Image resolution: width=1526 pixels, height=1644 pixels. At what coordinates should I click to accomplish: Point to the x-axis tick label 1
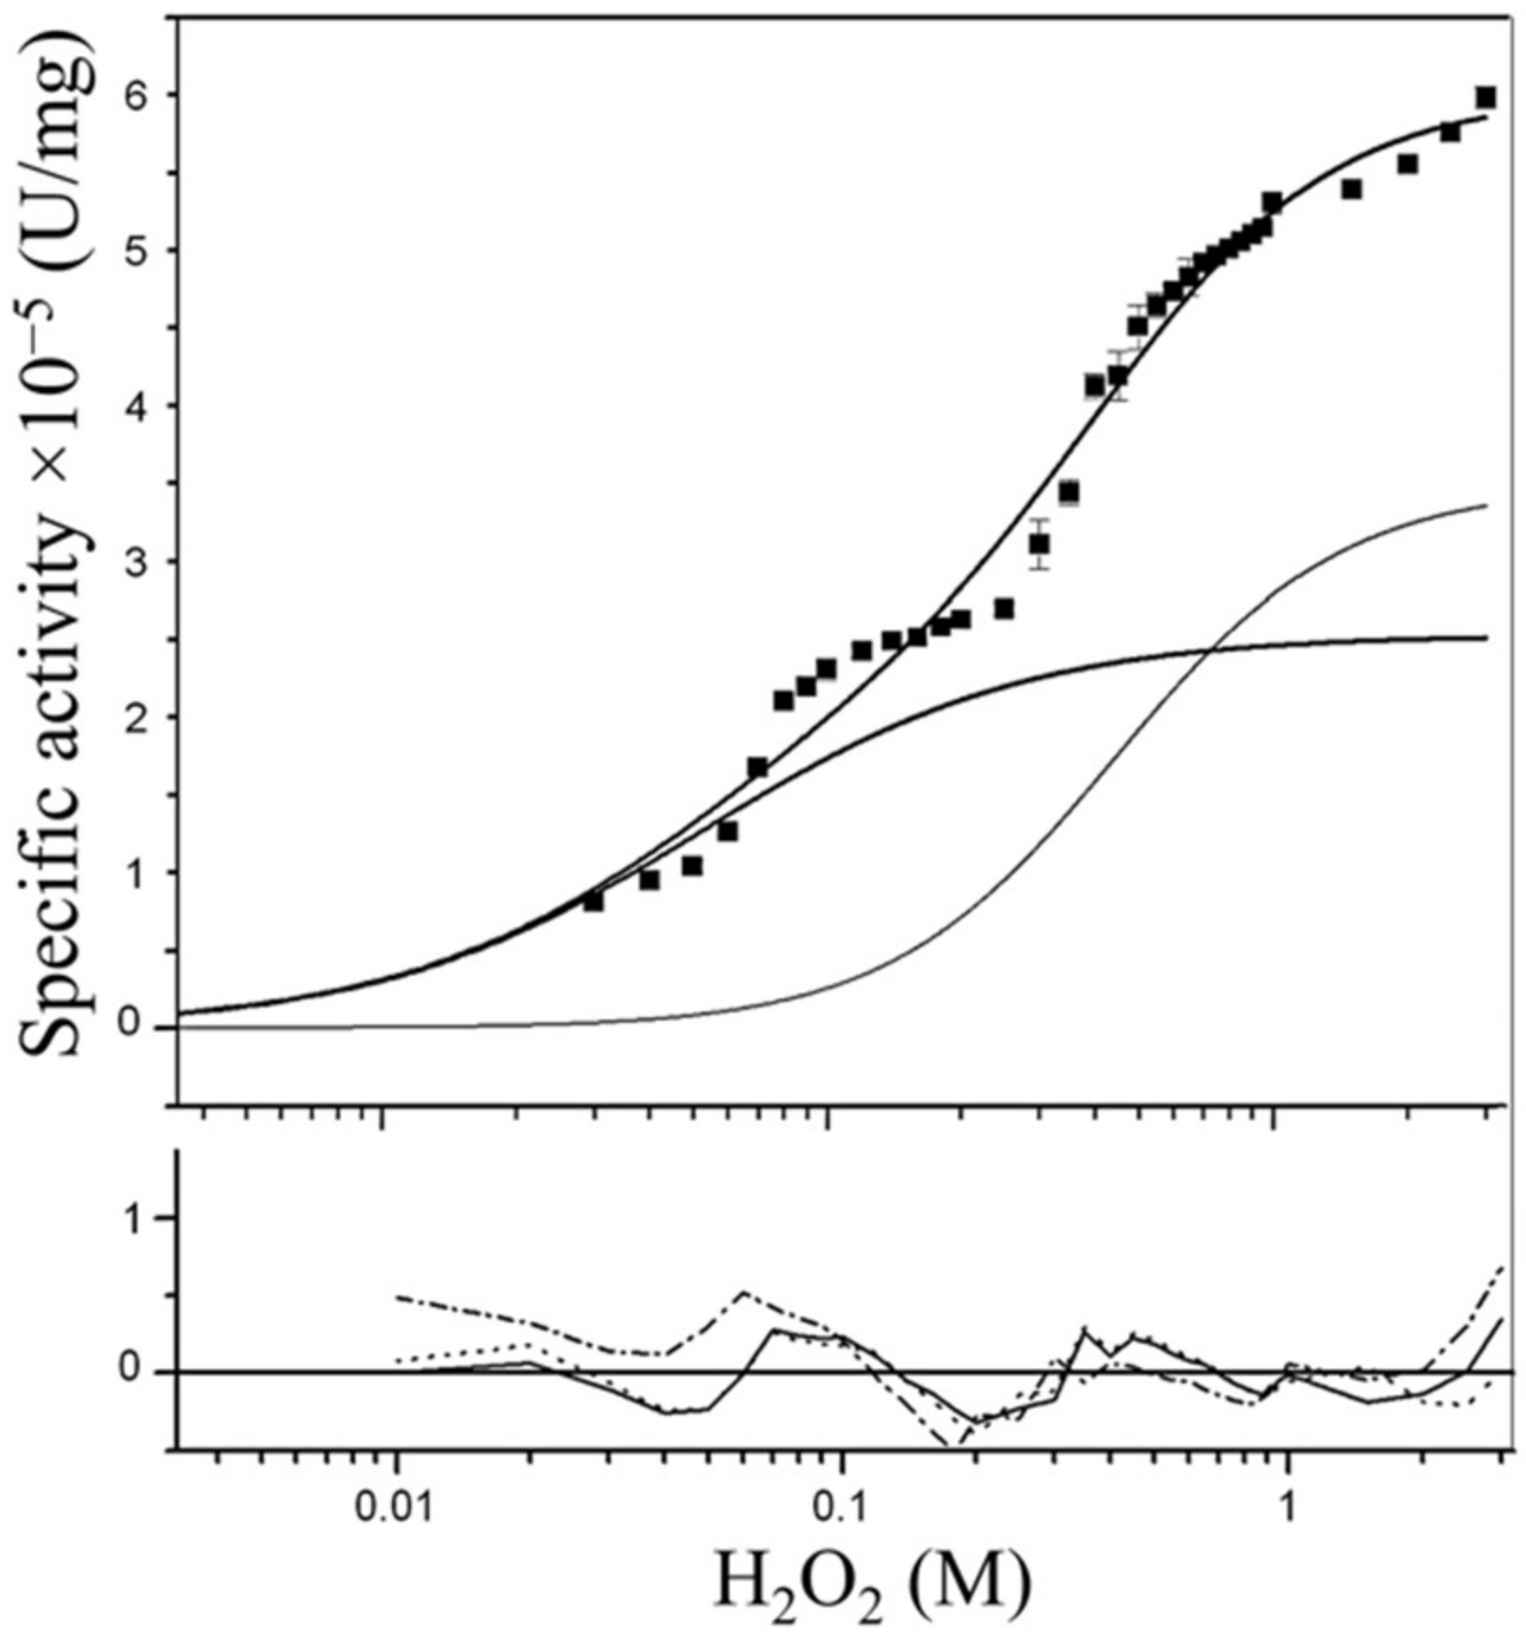pyautogui.click(x=1286, y=1510)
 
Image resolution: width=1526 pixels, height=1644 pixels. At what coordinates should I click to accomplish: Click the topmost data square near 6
pyautogui.click(x=1486, y=98)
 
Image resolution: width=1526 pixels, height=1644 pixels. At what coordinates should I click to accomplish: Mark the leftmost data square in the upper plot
pyautogui.click(x=593, y=901)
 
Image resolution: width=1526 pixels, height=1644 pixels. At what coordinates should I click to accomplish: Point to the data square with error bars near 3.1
pyautogui.click(x=1038, y=543)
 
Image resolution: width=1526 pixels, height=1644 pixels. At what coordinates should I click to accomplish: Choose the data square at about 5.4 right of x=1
pyautogui.click(x=1351, y=189)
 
